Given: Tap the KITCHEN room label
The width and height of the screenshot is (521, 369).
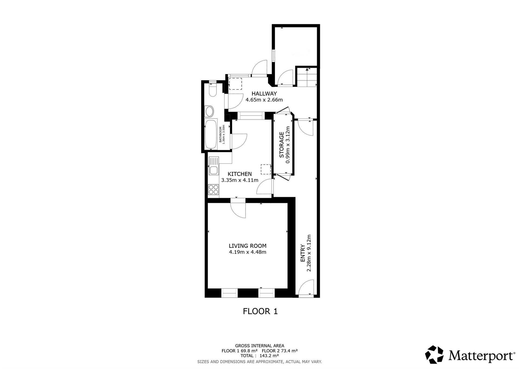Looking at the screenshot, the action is (240, 174).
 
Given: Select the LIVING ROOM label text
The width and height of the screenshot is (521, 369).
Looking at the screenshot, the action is (247, 246).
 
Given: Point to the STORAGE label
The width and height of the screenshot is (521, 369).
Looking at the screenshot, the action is (281, 145).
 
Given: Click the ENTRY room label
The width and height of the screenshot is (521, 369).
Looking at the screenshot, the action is (303, 253).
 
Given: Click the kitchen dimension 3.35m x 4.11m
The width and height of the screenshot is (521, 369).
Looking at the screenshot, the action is (240, 180).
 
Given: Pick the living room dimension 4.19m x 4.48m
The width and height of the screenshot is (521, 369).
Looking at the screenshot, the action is (247, 252).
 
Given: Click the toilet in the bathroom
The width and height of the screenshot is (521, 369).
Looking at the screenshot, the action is (213, 89).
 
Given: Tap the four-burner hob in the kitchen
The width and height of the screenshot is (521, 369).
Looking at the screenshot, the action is (213, 189).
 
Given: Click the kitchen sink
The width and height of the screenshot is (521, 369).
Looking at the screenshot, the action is (213, 166).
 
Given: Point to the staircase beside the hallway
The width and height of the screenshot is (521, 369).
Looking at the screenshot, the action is (307, 77).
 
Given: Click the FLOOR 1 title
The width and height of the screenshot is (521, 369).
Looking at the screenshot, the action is (260, 311).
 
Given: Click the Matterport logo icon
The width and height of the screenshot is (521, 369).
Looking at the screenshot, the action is (434, 354).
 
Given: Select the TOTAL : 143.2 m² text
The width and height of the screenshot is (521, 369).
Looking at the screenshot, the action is (260, 356).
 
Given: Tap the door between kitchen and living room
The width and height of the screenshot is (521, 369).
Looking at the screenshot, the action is (238, 208).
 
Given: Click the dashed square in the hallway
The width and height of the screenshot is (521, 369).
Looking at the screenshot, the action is (235, 84).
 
